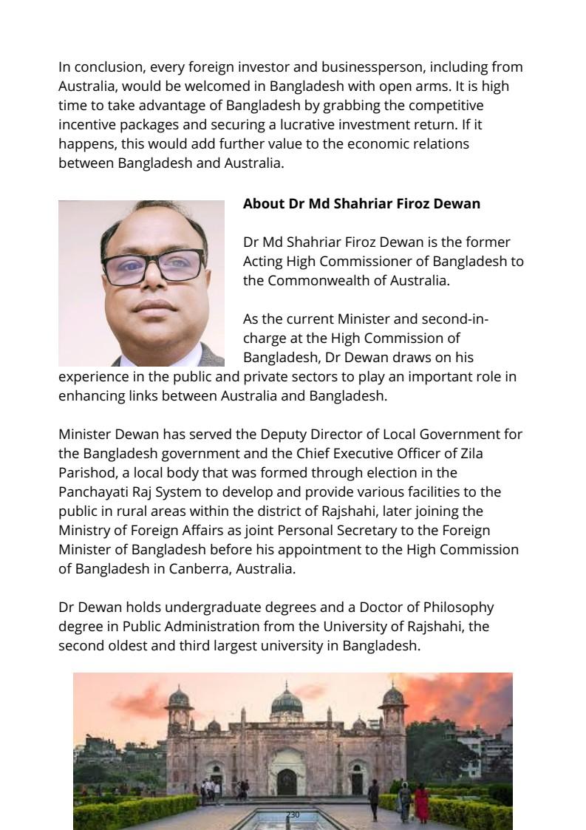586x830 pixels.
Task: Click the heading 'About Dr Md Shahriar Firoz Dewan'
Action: coord(361,203)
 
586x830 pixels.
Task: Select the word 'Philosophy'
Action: coord(458,608)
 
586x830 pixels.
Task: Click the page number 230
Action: coord(293,814)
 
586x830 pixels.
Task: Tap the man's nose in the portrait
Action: coord(153,285)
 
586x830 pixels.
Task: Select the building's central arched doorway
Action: coord(286,780)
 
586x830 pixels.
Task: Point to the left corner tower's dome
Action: coord(180,695)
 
